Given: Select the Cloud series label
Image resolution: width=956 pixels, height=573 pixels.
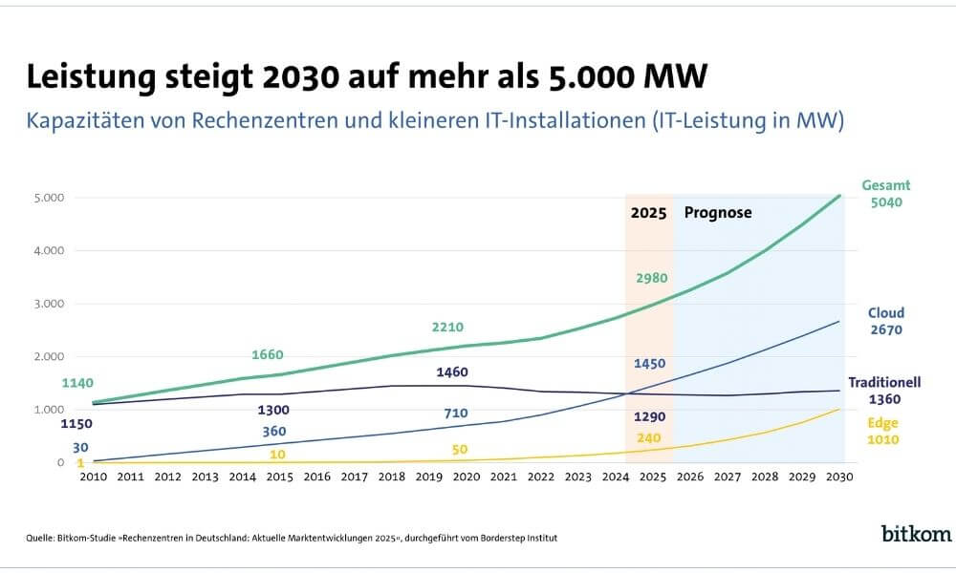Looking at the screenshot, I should (x=885, y=313).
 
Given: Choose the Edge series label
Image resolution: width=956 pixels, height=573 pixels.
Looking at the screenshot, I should (x=883, y=422).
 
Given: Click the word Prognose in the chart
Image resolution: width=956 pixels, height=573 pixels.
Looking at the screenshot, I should (x=718, y=213).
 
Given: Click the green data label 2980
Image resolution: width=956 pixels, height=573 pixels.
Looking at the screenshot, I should (x=652, y=278).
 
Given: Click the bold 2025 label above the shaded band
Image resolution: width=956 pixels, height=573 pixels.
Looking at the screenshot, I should (x=649, y=213).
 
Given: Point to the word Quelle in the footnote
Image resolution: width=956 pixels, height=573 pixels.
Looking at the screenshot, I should (x=39, y=538).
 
